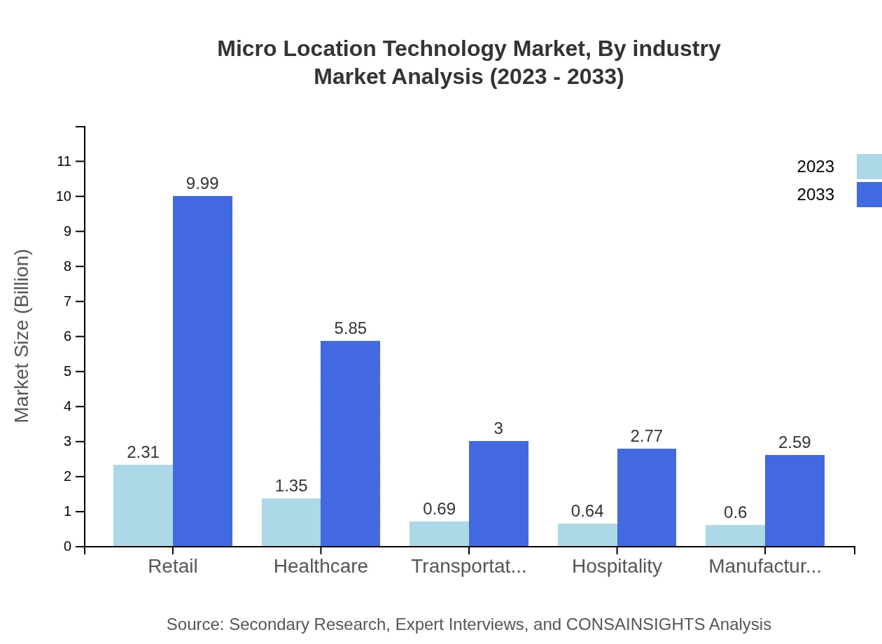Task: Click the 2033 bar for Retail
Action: click(x=202, y=371)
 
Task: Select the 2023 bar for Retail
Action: click(x=143, y=505)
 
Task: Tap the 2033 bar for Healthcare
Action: click(x=350, y=444)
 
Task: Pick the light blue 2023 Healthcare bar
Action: click(x=291, y=522)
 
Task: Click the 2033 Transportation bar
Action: click(x=498, y=493)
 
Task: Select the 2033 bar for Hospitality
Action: click(x=647, y=498)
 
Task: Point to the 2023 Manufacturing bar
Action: click(x=735, y=535)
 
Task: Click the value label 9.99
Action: click(x=202, y=183)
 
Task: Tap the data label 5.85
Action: click(x=350, y=328)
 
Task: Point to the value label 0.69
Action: click(x=439, y=509)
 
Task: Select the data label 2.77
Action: click(x=646, y=436)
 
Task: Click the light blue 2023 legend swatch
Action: click(x=869, y=167)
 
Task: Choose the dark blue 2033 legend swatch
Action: click(x=869, y=195)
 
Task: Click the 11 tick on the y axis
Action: click(x=64, y=162)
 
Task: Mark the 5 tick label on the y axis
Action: click(x=68, y=372)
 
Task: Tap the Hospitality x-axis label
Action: click(x=617, y=566)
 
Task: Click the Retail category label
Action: click(x=173, y=566)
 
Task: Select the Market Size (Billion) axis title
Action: click(x=22, y=336)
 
